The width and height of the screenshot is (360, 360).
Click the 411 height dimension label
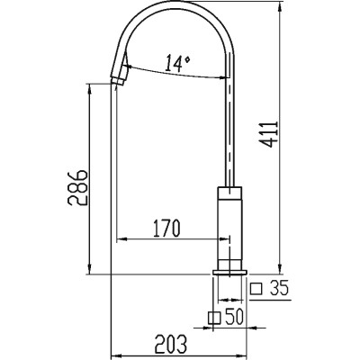(269, 134)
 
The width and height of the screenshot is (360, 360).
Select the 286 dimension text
(77, 188)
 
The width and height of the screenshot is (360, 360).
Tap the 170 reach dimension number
(166, 228)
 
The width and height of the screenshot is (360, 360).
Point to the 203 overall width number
(171, 344)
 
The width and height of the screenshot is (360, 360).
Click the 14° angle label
(177, 63)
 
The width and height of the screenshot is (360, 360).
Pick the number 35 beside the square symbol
(279, 288)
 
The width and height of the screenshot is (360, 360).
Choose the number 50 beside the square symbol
(234, 317)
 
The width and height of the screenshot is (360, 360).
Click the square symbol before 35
(256, 289)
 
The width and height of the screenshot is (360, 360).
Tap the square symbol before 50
(214, 318)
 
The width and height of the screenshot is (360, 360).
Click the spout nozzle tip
(118, 82)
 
